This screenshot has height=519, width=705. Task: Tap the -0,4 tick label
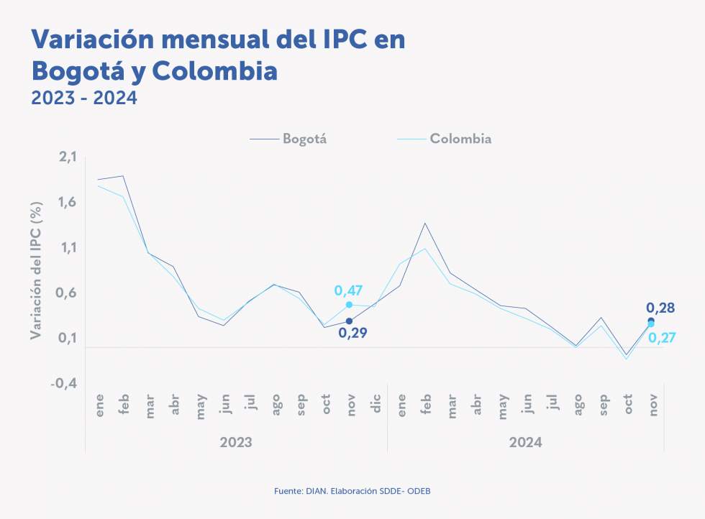[x=63, y=384]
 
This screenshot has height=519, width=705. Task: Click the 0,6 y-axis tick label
[x=66, y=293]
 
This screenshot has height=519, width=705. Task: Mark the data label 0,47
[x=348, y=290]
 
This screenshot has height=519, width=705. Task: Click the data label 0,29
[x=352, y=333]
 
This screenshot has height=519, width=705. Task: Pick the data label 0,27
[x=661, y=337]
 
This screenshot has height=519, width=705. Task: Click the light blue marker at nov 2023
[x=349, y=305]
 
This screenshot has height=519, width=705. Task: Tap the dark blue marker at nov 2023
[x=349, y=321]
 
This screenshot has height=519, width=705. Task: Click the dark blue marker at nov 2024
[x=651, y=321]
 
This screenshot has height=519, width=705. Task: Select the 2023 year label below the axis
[x=235, y=441]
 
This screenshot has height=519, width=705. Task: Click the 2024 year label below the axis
[x=525, y=441]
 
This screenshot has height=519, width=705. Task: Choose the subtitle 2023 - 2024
[x=84, y=98]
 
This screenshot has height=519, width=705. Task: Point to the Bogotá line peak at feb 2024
[x=424, y=223]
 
